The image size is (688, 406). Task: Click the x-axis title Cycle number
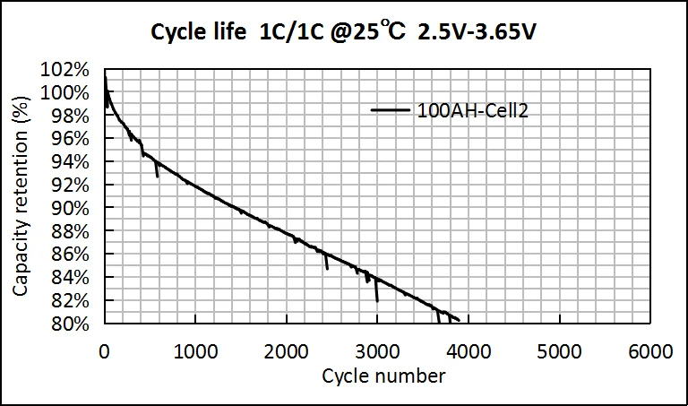click(x=383, y=376)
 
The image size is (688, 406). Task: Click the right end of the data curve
click(x=459, y=319)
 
